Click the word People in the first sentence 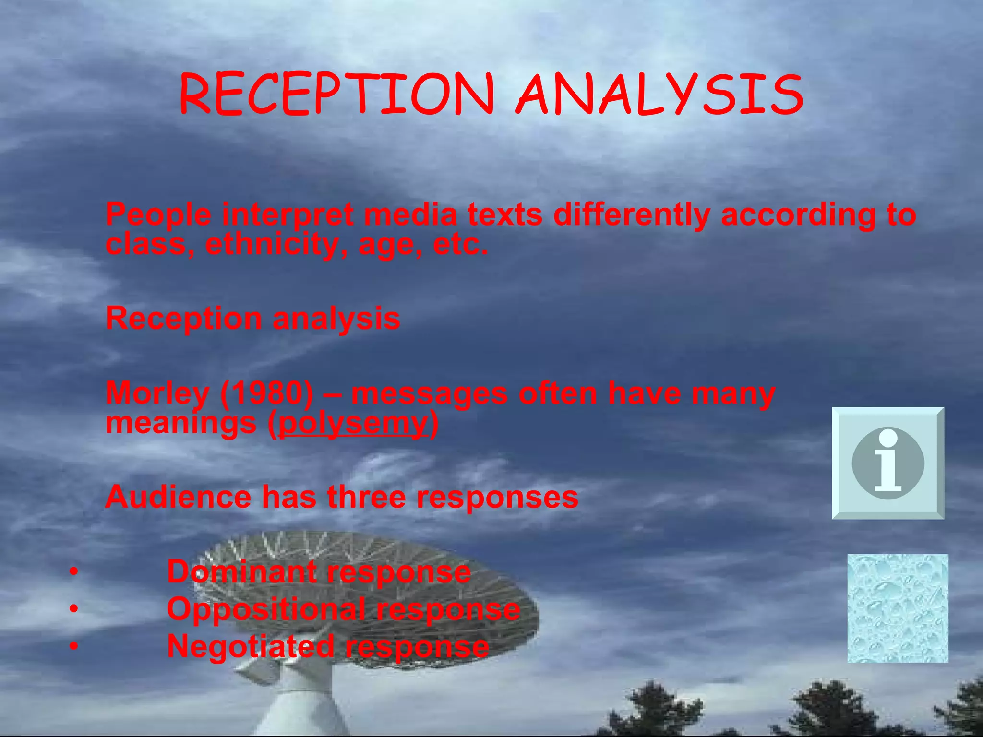[158, 214]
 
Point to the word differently [631, 214]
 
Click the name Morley [157, 393]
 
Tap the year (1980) [267, 393]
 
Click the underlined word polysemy [353, 423]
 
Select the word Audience [178, 497]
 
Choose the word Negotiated [250, 646]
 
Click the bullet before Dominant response [73, 572]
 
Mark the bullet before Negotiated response [73, 647]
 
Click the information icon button [888, 463]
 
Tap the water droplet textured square [898, 608]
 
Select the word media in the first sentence [410, 214]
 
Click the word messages [429, 393]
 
